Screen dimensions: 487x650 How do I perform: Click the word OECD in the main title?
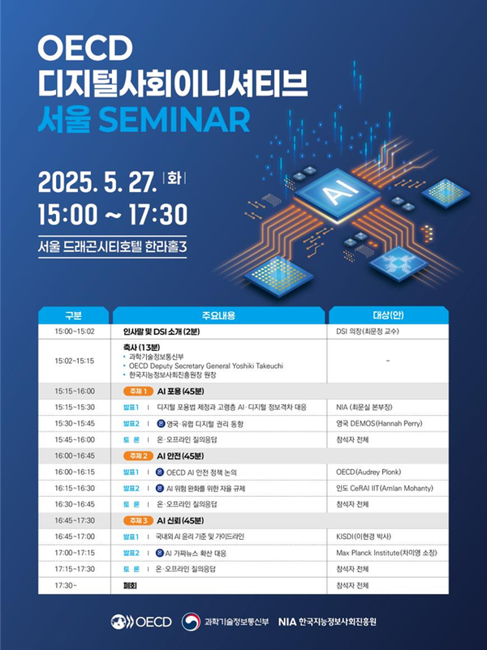[85, 48]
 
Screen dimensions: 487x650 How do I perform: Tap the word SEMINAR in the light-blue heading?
[174, 119]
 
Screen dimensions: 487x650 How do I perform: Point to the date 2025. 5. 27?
[97, 182]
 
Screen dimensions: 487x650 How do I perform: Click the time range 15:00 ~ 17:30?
[113, 214]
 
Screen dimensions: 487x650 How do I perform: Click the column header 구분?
[73, 315]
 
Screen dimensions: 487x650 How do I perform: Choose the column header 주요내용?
[219, 315]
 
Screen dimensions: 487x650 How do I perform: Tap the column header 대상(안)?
[388, 315]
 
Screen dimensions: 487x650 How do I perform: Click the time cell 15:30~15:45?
[75, 423]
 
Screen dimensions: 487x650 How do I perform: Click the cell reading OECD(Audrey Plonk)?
[368, 472]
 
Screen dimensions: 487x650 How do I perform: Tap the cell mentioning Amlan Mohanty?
[385, 488]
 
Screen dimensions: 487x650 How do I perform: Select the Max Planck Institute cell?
[386, 553]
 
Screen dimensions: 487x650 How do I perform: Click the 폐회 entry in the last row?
[130, 585]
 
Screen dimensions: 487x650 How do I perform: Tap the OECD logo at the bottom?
[141, 622]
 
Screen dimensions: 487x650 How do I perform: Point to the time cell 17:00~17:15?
[75, 553]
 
